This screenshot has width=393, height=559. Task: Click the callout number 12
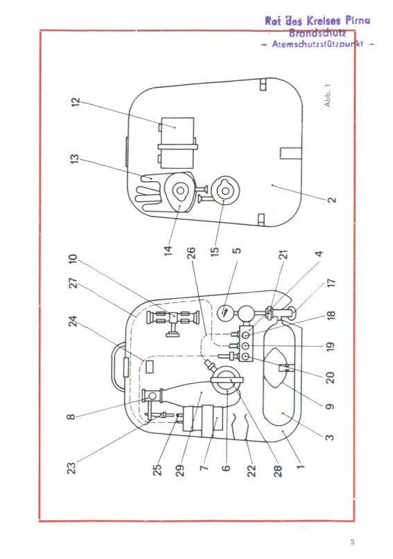tap(76, 102)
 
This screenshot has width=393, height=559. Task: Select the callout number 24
tap(73, 322)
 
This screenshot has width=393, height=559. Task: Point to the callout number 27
tap(73, 284)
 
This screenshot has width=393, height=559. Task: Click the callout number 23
tap(71, 468)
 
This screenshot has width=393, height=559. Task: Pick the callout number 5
tap(236, 250)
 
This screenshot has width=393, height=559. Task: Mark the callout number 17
tap(331, 284)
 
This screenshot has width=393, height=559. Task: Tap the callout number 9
tap(330, 406)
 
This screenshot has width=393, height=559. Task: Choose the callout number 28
tap(278, 470)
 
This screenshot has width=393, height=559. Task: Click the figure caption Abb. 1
tap(328, 95)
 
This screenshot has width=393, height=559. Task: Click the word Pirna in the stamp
tap(358, 21)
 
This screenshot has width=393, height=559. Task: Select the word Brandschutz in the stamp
tap(317, 33)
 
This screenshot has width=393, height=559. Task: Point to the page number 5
tap(353, 542)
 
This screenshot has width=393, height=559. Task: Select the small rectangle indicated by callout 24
tap(150, 367)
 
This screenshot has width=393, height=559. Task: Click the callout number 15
tap(214, 250)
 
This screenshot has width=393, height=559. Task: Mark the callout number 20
tap(331, 377)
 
